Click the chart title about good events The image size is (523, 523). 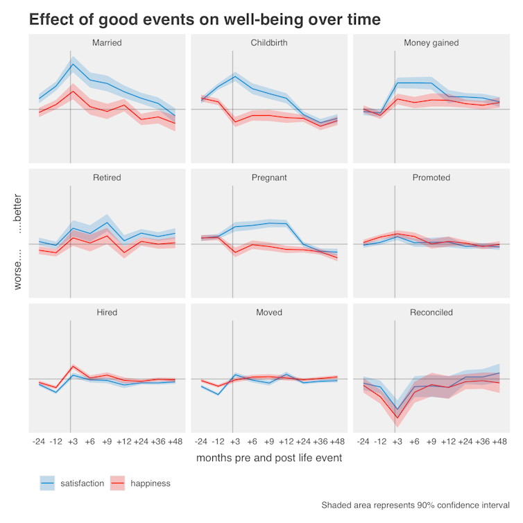(205, 19)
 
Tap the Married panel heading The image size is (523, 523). (107, 43)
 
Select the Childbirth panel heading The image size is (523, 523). (269, 43)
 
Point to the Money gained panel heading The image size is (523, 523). (431, 43)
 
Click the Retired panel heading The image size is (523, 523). (107, 178)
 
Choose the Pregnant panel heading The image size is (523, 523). (269, 178)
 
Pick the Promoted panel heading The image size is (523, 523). (431, 178)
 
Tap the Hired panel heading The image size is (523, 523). (107, 312)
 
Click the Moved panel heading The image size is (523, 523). (269, 312)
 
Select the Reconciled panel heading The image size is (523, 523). (431, 312)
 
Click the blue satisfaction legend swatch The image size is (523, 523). (48, 483)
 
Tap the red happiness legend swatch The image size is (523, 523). (119, 483)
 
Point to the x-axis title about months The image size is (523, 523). (269, 458)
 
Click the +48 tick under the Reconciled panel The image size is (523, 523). (499, 441)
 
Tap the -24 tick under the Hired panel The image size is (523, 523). (40, 441)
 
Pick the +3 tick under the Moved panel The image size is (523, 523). (235, 441)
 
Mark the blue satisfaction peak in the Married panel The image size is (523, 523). (73, 65)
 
